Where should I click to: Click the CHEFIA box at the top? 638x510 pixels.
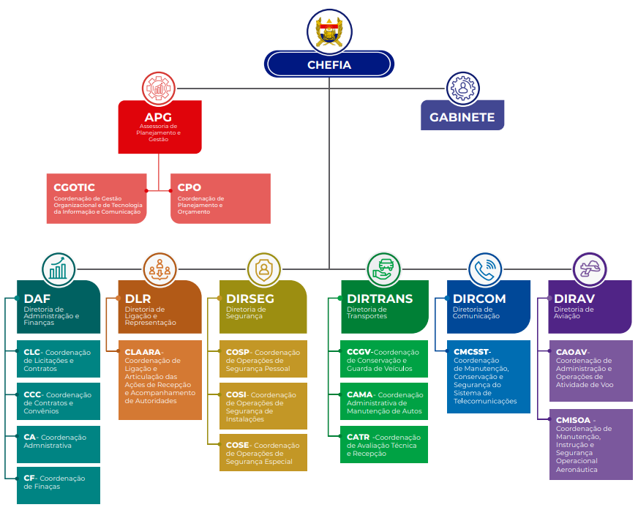coord(329,64)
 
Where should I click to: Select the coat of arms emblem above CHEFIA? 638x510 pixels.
coord(329,30)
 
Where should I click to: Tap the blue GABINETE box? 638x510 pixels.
coord(462,117)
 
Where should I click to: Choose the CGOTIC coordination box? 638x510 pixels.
coord(96,198)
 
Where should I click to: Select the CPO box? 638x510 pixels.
coord(219,198)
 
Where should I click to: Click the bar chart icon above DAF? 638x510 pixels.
coord(59,269)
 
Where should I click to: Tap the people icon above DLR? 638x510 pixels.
coord(159,269)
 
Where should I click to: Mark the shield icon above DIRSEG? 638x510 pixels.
coord(263,269)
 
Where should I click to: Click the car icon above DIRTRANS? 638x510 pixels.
coord(383,269)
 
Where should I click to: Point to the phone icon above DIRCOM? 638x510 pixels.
coord(486,269)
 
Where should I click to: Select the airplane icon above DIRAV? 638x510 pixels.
coord(590,269)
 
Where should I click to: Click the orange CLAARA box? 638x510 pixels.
coord(159,380)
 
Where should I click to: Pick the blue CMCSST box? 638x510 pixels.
coord(488,376)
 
